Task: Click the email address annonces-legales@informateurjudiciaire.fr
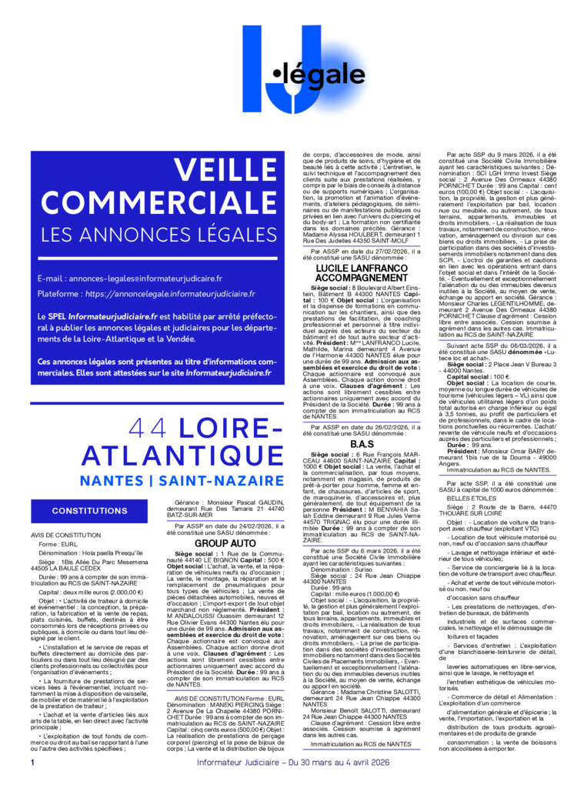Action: click(145, 278)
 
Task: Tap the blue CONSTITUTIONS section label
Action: click(90, 511)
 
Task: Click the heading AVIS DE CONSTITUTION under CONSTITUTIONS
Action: click(65, 535)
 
